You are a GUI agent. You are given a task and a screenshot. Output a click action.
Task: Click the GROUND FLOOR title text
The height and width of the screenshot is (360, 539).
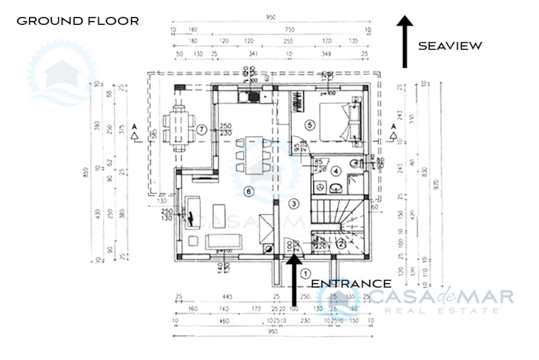click(x=77, y=21)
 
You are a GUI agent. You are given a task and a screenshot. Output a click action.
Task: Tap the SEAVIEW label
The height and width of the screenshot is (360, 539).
click(x=450, y=46)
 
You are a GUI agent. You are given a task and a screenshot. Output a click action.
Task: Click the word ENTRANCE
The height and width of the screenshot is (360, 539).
click(x=351, y=284)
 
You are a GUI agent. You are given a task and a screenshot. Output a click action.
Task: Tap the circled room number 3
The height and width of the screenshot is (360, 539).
click(x=293, y=204)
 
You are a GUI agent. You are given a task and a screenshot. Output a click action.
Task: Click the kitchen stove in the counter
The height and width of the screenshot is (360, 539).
click(x=252, y=96)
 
